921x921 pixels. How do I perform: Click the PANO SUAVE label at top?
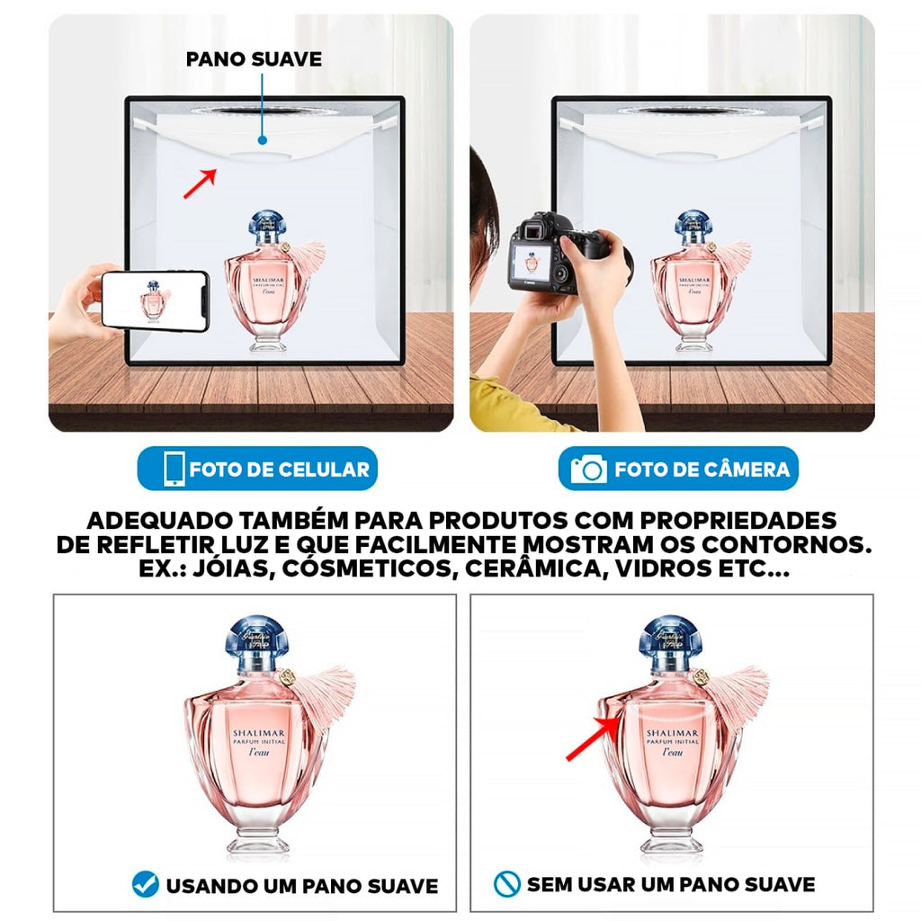(x=254, y=59)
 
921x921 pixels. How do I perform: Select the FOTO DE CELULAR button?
(x=257, y=469)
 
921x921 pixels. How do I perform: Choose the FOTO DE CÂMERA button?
(x=678, y=469)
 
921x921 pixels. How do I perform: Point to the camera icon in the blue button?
(x=589, y=469)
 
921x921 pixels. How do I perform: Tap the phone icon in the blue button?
(x=174, y=469)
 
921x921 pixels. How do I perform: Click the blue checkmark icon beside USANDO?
(x=145, y=885)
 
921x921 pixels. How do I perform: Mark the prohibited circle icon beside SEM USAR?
(x=507, y=885)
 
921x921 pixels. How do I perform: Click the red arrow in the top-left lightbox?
(x=200, y=183)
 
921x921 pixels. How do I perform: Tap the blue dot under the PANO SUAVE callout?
(x=262, y=140)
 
